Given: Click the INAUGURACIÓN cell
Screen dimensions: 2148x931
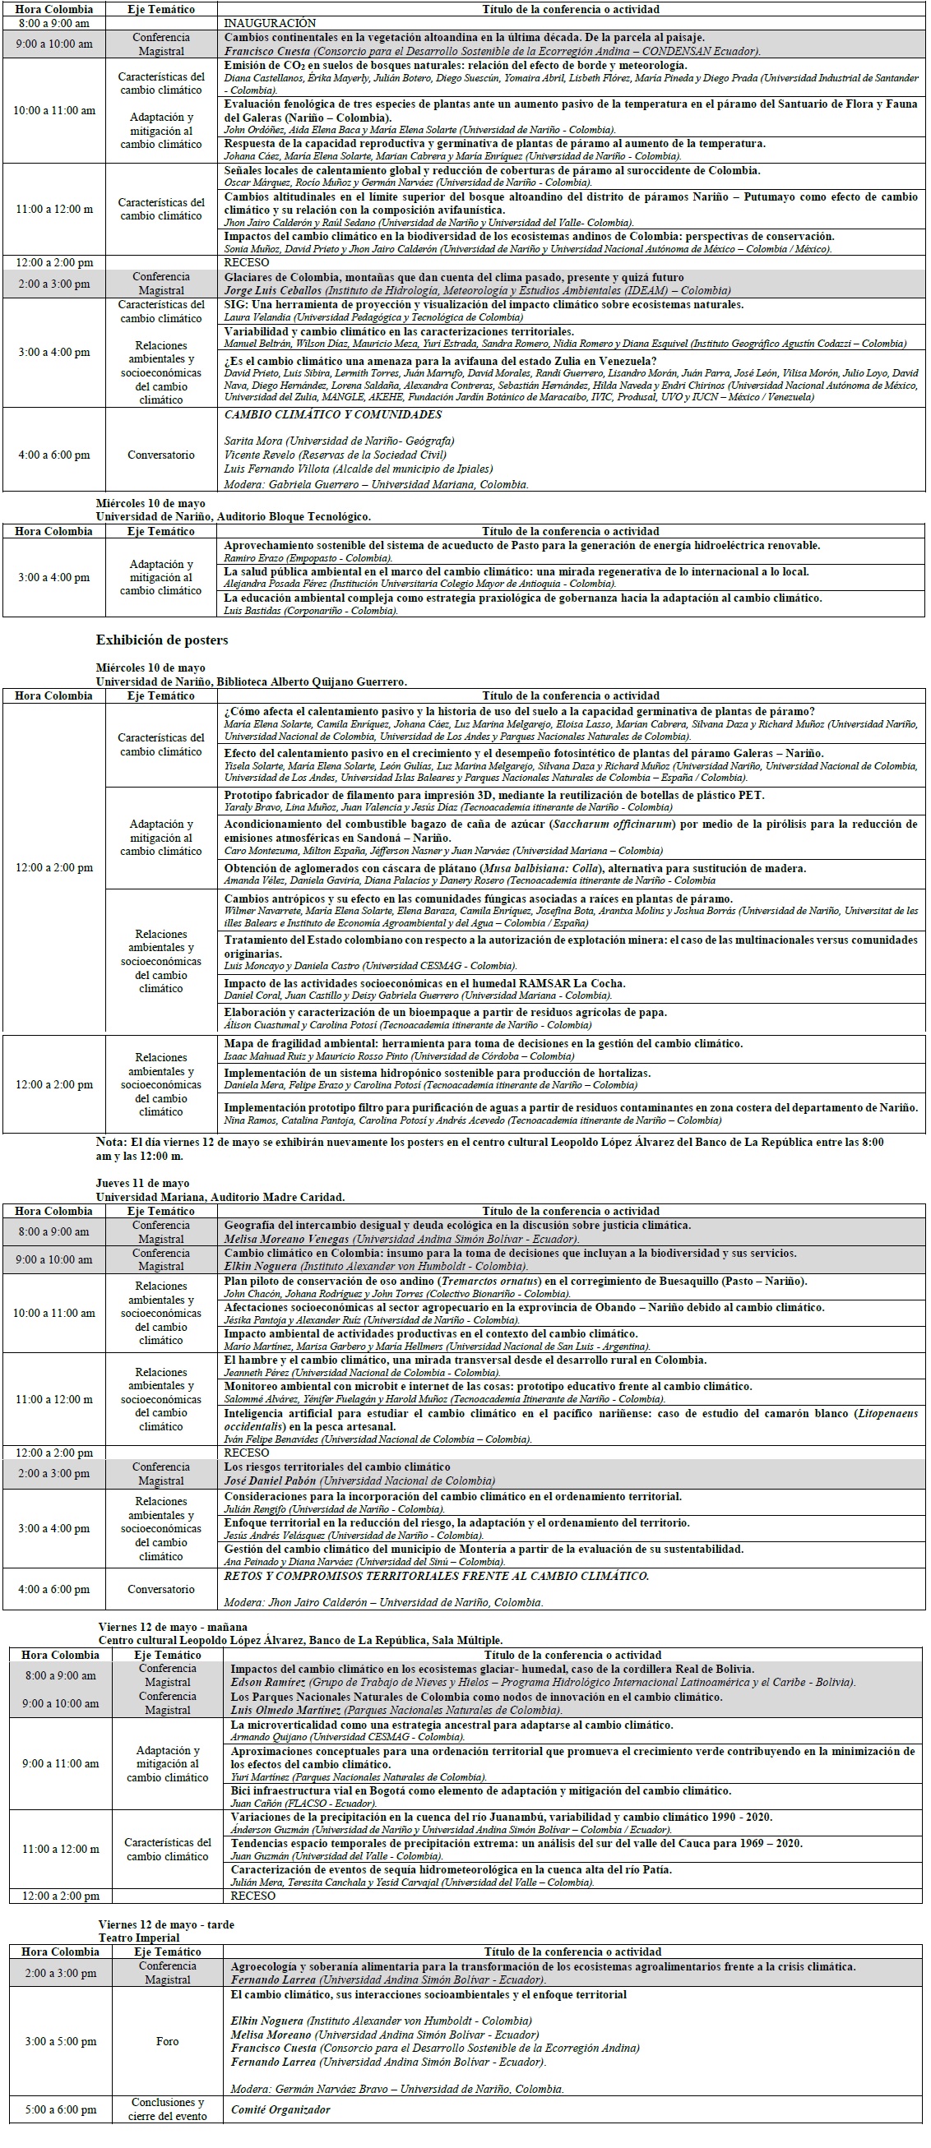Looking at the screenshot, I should pyautogui.click(x=271, y=23).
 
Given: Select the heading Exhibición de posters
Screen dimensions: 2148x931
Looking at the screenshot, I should pyautogui.click(x=162, y=640).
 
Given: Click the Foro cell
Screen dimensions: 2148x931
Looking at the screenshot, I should pyautogui.click(x=168, y=2041).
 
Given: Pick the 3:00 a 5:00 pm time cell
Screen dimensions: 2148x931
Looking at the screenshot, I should pyautogui.click(x=61, y=2041).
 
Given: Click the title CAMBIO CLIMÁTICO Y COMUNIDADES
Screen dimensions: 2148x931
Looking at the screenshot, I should pyautogui.click(x=333, y=414).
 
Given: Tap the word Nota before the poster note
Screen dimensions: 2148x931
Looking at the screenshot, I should pyautogui.click(x=111, y=1142).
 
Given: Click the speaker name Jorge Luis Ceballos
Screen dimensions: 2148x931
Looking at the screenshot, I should pyautogui.click(x=273, y=290).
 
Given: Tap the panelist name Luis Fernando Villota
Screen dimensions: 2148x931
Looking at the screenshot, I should pyautogui.click(x=276, y=469).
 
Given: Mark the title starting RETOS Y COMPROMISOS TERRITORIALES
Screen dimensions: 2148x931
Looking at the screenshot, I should pyautogui.click(x=436, y=1576).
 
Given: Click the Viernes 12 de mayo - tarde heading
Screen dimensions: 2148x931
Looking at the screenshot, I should pyautogui.click(x=166, y=1924).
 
